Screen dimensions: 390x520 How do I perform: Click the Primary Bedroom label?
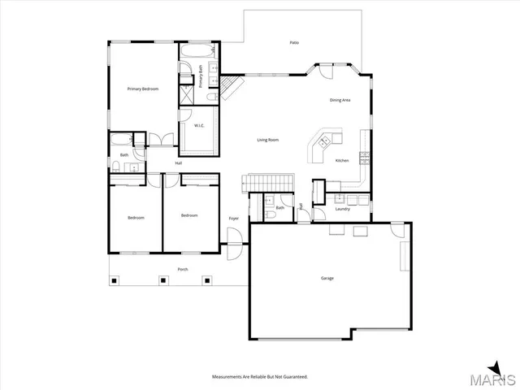(142, 89)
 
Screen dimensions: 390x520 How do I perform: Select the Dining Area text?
(340, 100)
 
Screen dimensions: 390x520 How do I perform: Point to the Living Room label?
(268, 140)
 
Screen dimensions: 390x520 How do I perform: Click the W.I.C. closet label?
(199, 125)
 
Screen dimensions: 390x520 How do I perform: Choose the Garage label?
(327, 278)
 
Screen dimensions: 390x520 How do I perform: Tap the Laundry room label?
(342, 209)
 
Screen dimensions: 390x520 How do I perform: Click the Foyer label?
(233, 219)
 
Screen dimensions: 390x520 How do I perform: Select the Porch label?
(184, 270)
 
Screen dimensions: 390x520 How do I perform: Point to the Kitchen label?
(342, 160)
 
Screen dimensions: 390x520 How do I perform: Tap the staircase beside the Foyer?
(267, 180)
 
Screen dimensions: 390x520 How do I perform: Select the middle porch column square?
(162, 281)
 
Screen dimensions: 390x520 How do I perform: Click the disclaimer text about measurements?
(260, 377)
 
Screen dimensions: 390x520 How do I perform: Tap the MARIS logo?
(496, 375)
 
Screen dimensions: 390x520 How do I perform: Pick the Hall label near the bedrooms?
(178, 163)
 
